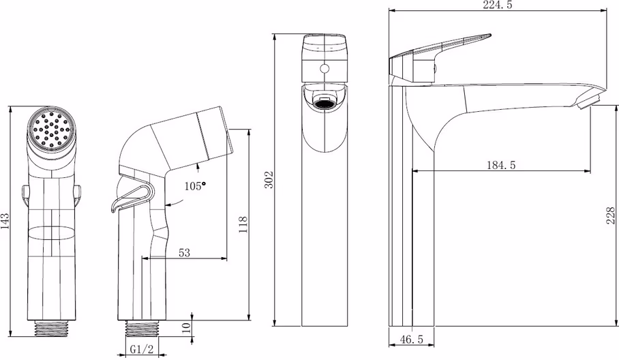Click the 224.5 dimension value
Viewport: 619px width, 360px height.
tap(498, 5)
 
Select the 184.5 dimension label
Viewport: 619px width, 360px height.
tap(501, 165)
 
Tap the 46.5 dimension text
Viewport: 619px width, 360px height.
tap(411, 339)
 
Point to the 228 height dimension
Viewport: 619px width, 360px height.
tap(611, 215)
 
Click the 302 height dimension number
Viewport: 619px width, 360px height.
tap(269, 179)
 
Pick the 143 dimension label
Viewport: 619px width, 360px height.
tap(5, 221)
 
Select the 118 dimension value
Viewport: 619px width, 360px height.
tap(243, 224)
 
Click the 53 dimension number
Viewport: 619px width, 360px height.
tap(184, 253)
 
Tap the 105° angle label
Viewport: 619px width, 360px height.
tap(196, 185)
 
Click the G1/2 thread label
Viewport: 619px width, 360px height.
tap(142, 349)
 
